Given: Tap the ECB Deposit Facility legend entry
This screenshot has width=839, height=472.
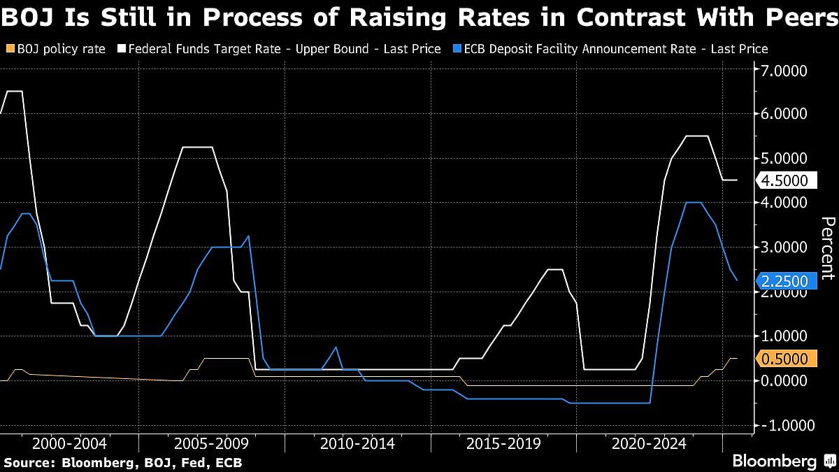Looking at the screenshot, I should (x=612, y=49).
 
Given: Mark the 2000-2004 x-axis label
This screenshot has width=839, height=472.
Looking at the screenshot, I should (x=69, y=443).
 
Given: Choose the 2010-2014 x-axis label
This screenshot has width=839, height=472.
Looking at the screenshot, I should (x=357, y=443).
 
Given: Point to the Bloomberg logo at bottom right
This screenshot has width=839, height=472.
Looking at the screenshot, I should (x=774, y=462).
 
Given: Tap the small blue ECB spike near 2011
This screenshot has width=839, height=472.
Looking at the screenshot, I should (x=336, y=348).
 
